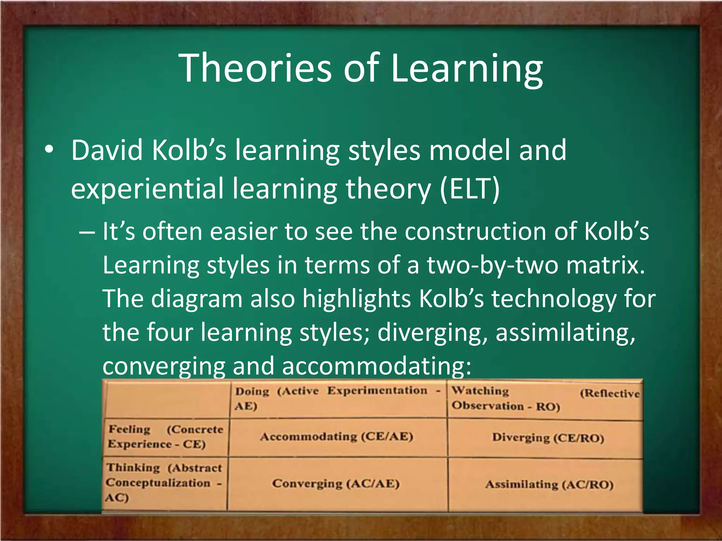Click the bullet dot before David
[x=49, y=150]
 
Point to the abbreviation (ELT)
[x=470, y=189]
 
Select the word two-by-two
[x=493, y=266]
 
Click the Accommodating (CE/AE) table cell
[x=337, y=437]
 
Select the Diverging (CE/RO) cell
[x=548, y=438]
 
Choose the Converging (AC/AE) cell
[x=336, y=484]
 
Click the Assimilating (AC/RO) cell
[x=549, y=485]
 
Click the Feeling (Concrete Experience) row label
[x=165, y=437]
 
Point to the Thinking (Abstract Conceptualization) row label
[x=164, y=483]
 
